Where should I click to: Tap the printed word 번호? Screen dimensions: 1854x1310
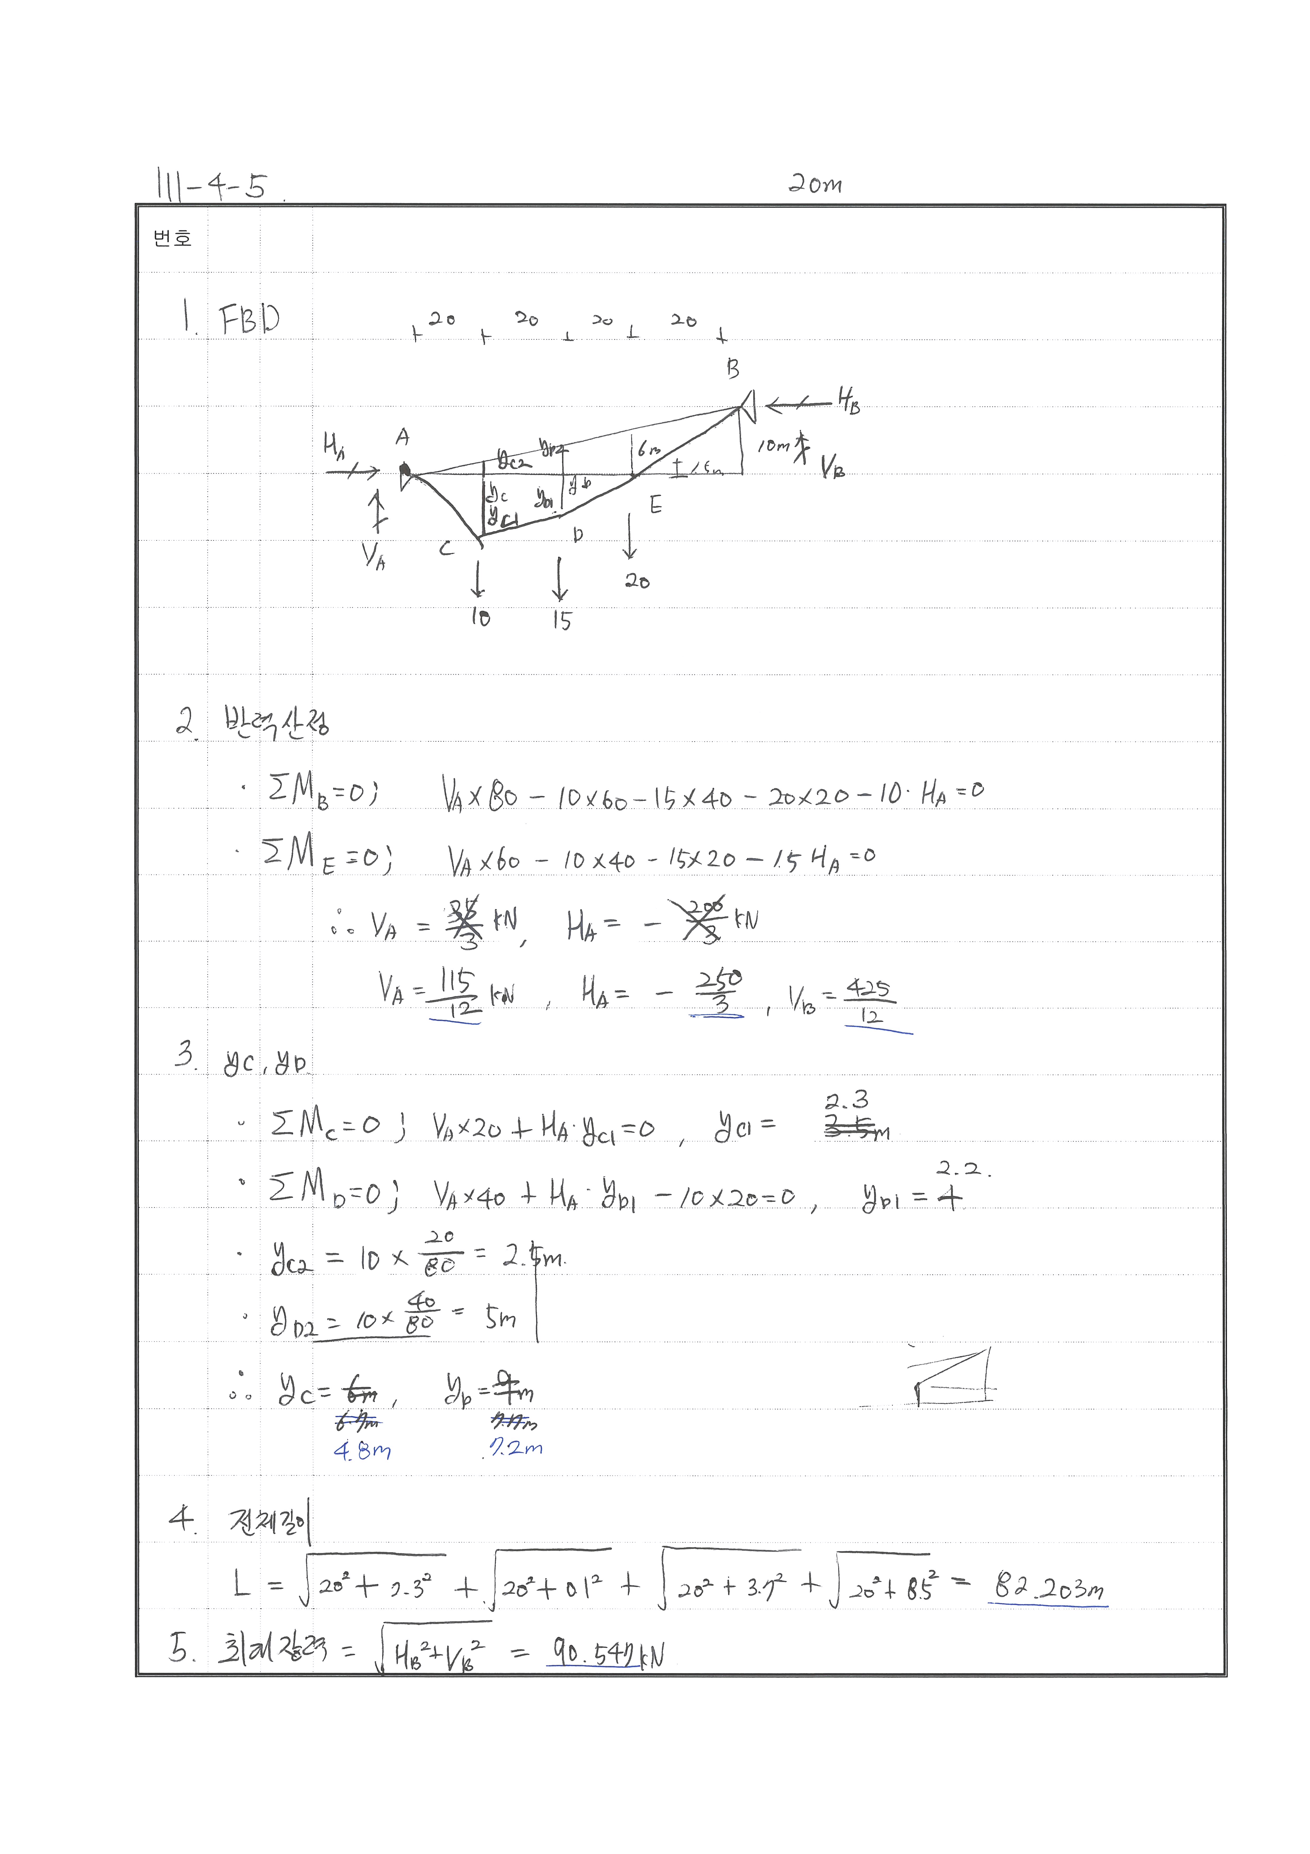[172, 238]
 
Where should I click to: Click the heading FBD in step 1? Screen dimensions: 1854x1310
[250, 319]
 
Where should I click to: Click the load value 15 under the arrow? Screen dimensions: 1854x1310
[562, 620]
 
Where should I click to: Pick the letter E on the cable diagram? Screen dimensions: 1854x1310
[655, 506]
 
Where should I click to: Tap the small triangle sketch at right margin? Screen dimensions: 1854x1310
[952, 1377]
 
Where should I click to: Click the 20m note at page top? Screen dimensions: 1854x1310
[814, 185]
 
